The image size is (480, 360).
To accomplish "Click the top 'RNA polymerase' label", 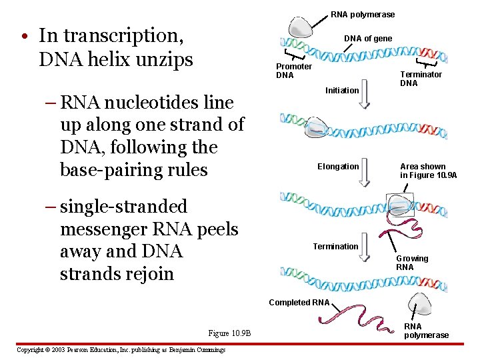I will [x=363, y=15].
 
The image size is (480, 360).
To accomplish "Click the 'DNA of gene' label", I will [x=368, y=39].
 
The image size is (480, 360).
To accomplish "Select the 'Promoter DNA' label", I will [x=294, y=71].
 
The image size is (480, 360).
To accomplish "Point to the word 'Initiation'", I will [x=342, y=90].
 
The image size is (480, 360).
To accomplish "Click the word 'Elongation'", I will [x=338, y=167].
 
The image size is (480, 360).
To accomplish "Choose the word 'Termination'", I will [x=335, y=247].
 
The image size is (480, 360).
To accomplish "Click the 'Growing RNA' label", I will [x=412, y=263].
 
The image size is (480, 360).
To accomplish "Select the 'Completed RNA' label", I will [x=299, y=303].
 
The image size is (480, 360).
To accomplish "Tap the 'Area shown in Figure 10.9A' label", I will [x=428, y=171].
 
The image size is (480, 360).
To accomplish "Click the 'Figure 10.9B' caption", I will [x=229, y=333].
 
